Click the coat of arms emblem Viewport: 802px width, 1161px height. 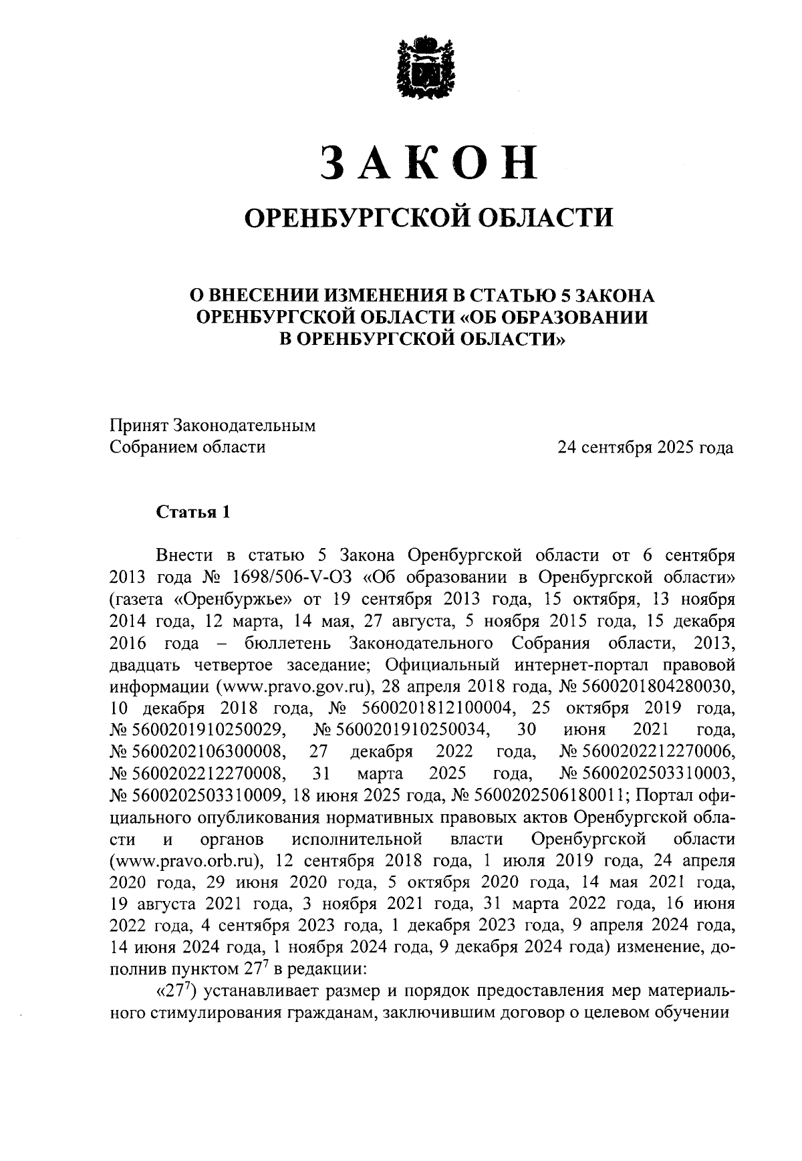click(419, 68)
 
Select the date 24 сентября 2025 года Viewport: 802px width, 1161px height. click(646, 447)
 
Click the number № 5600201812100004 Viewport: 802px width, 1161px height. click(421, 708)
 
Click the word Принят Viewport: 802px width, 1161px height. click(138, 425)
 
